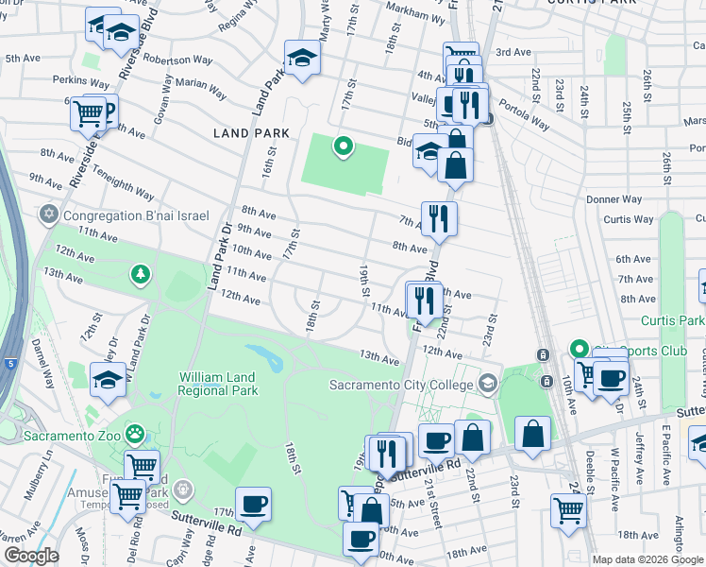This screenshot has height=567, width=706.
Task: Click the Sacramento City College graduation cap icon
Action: point(487,384)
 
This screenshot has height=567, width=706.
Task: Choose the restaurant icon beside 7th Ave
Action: point(439,218)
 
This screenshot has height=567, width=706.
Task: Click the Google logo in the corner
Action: point(31,556)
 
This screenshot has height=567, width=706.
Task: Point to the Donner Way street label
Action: point(614,199)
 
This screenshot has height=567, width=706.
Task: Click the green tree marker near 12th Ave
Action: point(141,274)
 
